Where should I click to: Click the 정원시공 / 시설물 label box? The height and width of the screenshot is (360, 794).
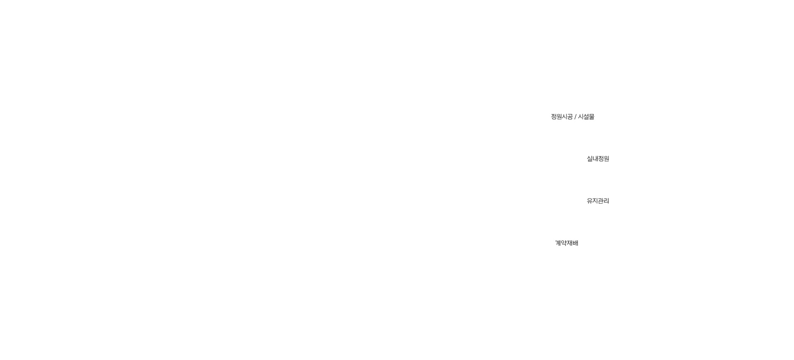point(572,117)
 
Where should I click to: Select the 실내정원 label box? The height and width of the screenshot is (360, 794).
point(597,159)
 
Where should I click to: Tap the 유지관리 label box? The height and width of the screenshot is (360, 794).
point(597,201)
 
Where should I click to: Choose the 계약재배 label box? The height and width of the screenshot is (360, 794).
point(566,243)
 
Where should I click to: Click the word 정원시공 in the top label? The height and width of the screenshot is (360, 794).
point(561,117)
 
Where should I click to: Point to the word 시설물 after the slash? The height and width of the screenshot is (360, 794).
point(586,117)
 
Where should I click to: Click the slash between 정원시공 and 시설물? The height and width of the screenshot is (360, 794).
point(575,117)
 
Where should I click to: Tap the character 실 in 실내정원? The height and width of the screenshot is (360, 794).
point(590,159)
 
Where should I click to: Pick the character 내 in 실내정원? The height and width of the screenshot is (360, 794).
point(595,159)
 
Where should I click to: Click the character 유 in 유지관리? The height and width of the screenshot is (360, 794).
point(590,201)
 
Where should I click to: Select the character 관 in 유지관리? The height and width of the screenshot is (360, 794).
point(601,201)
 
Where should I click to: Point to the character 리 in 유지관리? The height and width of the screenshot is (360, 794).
point(607,201)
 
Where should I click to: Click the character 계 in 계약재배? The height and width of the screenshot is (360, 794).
point(558,243)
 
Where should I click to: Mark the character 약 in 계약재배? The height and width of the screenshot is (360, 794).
point(564,243)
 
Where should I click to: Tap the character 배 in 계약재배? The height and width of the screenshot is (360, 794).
point(575,243)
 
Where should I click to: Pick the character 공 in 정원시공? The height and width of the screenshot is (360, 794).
point(570,117)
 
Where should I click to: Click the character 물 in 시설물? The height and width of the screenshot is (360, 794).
point(592,117)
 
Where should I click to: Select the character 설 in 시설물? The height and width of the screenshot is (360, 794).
point(586,117)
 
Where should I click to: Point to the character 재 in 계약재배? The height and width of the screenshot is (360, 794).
point(569,243)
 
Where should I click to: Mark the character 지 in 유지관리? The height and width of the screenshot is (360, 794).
point(595,201)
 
